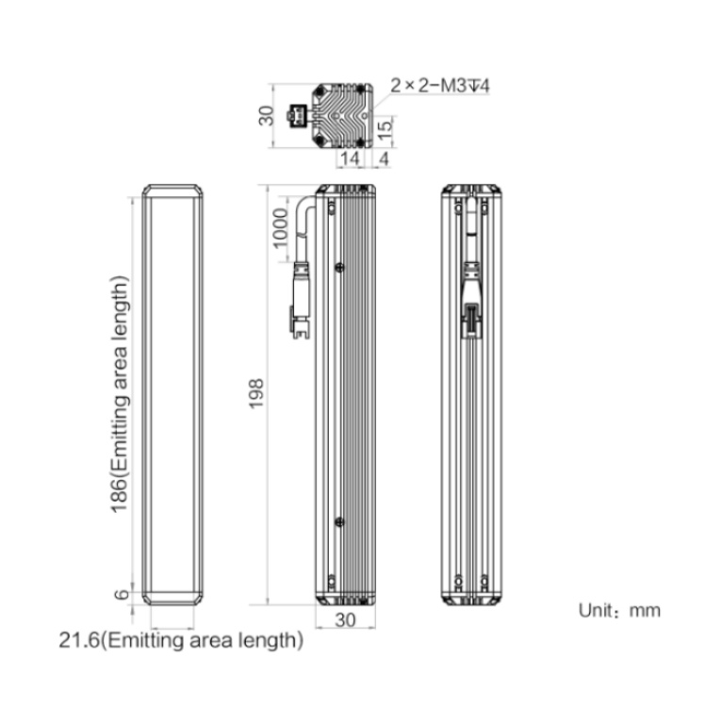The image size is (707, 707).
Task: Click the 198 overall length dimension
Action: [x=256, y=394]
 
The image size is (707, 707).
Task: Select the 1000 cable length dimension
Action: [x=280, y=228]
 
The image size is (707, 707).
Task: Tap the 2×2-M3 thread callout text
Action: [x=439, y=85]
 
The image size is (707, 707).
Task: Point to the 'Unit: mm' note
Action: [x=619, y=611]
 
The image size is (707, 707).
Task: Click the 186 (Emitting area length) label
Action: [x=120, y=394]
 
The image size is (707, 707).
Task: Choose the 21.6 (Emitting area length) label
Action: [x=181, y=640]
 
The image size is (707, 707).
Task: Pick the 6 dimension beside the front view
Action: [x=122, y=595]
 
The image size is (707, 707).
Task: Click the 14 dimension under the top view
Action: [x=350, y=158]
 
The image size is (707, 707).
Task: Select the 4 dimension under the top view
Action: [x=384, y=158]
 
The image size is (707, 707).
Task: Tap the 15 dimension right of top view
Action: [x=385, y=130]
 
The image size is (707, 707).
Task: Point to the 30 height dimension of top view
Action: [x=266, y=115]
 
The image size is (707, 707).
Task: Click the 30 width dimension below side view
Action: [x=345, y=620]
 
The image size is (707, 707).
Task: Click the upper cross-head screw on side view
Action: [x=340, y=268]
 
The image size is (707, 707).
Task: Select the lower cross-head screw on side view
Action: [x=340, y=522]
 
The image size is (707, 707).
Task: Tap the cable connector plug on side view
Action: [x=301, y=300]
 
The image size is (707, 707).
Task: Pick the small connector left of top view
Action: [x=297, y=115]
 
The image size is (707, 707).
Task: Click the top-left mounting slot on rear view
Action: [x=459, y=208]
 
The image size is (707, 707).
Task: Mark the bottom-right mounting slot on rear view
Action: [x=485, y=583]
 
